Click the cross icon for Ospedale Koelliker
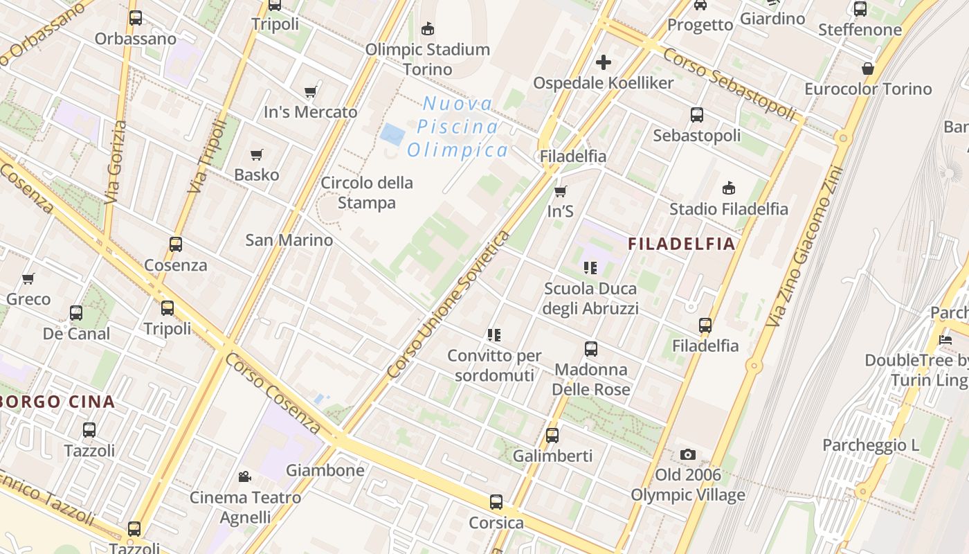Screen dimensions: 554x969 click(604, 62)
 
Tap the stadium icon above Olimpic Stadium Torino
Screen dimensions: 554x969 click(428, 28)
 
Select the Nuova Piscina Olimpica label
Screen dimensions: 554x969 click(458, 127)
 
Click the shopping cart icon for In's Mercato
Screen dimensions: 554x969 click(311, 91)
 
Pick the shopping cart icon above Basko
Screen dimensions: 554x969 click(257, 154)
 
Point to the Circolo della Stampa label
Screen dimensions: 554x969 click(367, 193)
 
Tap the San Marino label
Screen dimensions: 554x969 click(289, 240)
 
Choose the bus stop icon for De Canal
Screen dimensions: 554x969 click(76, 313)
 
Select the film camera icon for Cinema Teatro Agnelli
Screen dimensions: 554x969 click(244, 476)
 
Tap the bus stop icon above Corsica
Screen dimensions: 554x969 click(496, 502)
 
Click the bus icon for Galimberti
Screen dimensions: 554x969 click(552, 436)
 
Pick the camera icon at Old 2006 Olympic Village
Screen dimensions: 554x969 click(687, 454)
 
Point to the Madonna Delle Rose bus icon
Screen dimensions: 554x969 click(590, 349)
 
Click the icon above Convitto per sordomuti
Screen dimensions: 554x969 click(493, 335)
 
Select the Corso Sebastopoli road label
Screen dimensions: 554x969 click(728, 84)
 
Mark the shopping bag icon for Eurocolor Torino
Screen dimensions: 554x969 click(867, 69)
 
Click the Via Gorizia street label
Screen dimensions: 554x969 click(116, 162)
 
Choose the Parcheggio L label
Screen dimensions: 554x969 click(871, 445)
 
